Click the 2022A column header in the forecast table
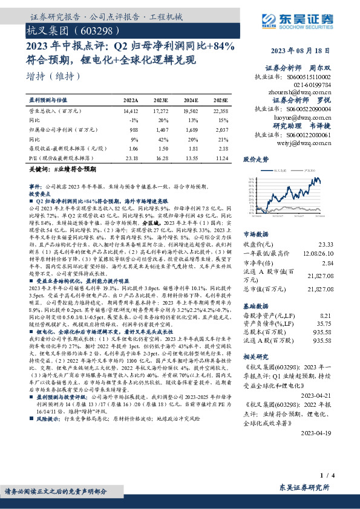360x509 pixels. (x=131, y=99)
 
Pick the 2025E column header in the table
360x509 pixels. (x=221, y=99)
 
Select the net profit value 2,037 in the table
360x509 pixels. (x=221, y=129)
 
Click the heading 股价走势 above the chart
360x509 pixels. (x=256, y=160)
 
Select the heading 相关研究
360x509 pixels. (x=256, y=358)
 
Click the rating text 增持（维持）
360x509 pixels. (x=54, y=76)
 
